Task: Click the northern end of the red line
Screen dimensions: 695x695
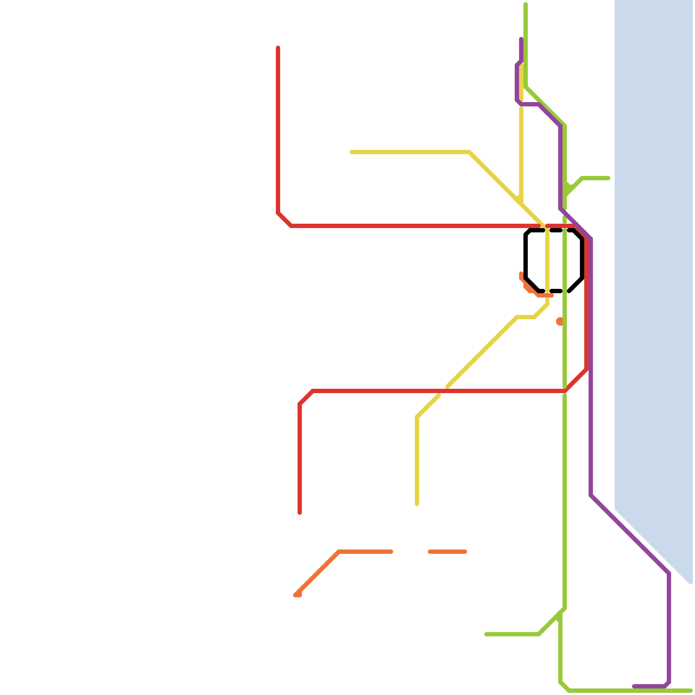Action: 278,47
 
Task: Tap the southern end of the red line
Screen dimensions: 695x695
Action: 300,513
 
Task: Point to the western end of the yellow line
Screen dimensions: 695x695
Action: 351,152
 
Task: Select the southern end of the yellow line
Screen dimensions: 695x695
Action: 417,504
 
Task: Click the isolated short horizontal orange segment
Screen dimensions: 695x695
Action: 447,552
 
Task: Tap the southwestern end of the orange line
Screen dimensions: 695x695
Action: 297,595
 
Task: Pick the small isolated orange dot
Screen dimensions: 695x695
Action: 559,321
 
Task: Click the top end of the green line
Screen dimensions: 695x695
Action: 526,4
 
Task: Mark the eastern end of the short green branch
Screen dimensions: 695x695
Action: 609,178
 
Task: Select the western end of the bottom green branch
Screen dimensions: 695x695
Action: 486,634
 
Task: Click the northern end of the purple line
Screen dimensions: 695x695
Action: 521,39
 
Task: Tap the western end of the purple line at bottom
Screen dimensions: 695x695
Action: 634,686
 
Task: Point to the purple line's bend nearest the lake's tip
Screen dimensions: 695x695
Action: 669,573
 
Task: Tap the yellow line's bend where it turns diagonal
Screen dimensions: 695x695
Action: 470,152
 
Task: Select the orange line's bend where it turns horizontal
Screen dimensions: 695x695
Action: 339,552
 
